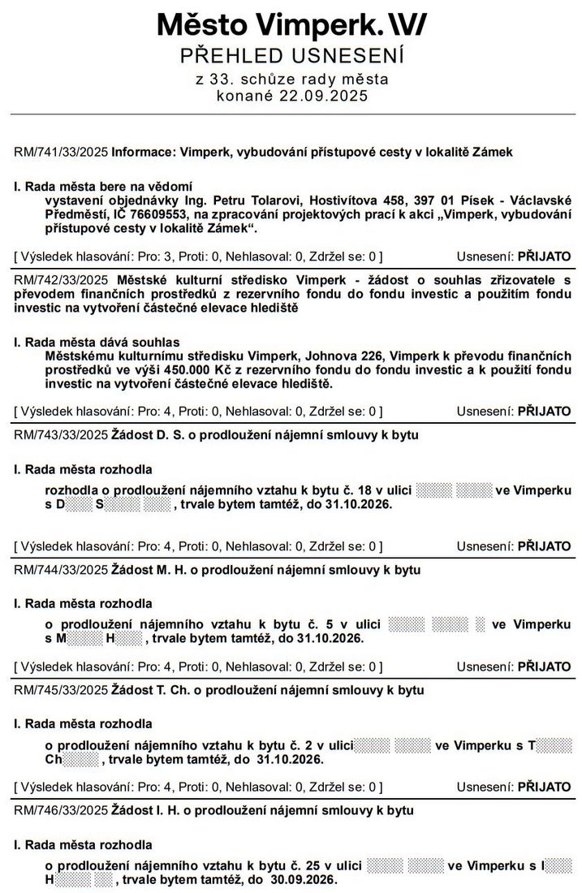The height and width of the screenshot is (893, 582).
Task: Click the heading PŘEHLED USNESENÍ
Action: [291, 57]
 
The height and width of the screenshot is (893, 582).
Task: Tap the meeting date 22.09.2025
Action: [331, 96]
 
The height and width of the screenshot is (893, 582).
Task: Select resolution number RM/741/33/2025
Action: [61, 152]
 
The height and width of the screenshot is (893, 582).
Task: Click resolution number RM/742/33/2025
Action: [61, 279]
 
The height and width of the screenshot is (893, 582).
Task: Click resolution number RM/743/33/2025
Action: [61, 435]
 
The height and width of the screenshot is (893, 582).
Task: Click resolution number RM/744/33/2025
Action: [61, 570]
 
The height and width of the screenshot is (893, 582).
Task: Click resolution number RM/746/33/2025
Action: [61, 810]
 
